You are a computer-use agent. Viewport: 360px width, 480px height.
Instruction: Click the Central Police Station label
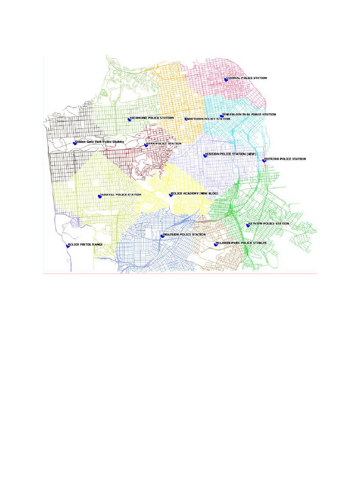click(x=247, y=78)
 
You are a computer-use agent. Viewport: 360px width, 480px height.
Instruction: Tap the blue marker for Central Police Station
click(x=226, y=80)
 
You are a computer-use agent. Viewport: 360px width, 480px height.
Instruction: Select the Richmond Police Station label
click(x=152, y=118)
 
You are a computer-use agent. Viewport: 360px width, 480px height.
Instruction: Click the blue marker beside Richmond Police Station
click(x=129, y=120)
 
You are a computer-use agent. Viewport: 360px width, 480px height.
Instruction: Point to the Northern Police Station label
click(x=209, y=119)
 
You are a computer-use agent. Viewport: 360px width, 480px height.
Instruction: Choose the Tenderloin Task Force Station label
click(x=249, y=114)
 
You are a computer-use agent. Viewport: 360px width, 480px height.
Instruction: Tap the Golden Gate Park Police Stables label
click(x=99, y=141)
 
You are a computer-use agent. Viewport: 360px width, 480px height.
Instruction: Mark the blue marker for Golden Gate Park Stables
click(x=75, y=143)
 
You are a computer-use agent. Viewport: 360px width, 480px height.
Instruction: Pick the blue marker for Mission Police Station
click(x=205, y=155)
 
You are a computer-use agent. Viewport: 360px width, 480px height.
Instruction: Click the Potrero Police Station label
click(x=285, y=159)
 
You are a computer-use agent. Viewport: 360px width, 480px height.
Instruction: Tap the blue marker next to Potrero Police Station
click(x=264, y=160)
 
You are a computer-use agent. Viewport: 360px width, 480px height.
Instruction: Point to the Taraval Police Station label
click(x=120, y=195)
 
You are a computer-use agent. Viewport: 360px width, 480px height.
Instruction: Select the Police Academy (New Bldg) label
click(x=195, y=193)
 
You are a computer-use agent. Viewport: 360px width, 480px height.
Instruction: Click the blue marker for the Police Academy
click(x=171, y=195)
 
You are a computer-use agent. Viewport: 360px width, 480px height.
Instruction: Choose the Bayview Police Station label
click(x=269, y=224)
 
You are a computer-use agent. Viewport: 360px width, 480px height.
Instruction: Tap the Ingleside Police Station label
click(x=184, y=234)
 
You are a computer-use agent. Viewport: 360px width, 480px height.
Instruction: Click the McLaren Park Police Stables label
click(x=241, y=243)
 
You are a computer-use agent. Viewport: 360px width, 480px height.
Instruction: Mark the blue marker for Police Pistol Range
click(x=68, y=246)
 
